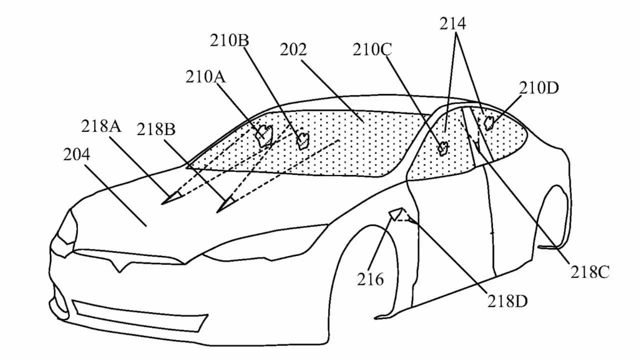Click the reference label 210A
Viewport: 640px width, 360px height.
tap(205, 77)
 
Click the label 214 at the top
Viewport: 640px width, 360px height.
tap(452, 23)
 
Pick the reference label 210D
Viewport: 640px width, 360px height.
tap(538, 88)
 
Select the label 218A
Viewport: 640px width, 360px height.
tap(102, 126)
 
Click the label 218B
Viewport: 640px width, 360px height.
tap(156, 130)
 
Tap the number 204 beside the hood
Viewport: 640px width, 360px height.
tap(76, 155)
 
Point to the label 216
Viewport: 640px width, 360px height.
tap(370, 279)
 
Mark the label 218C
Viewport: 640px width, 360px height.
tap(590, 272)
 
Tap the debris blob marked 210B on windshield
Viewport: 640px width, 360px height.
tap(302, 141)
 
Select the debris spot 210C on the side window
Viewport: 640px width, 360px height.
tap(442, 147)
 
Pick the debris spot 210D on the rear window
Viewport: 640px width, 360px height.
tap(488, 121)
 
